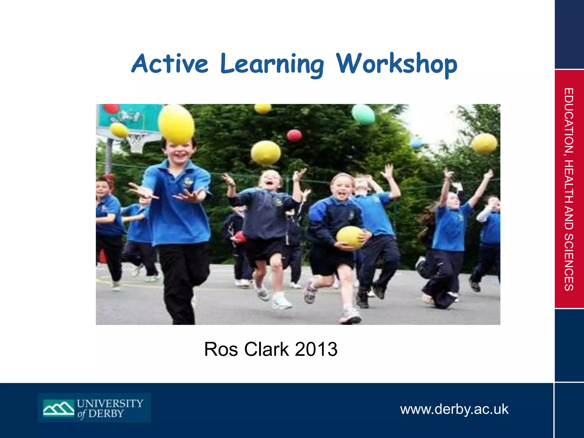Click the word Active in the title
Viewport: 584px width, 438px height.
[x=170, y=64]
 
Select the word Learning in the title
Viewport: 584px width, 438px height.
[x=272, y=64]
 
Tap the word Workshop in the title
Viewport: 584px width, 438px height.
[x=397, y=64]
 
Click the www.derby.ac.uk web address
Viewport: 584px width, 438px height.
[x=454, y=409]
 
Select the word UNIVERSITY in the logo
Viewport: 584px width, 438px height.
[x=110, y=403]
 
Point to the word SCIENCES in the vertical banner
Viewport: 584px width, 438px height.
[x=569, y=262]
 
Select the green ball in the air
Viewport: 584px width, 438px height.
[x=363, y=114]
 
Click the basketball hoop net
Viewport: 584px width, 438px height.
[x=136, y=143]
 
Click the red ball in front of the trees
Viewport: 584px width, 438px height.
[x=294, y=135]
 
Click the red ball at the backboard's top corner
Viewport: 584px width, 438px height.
[x=111, y=108]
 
